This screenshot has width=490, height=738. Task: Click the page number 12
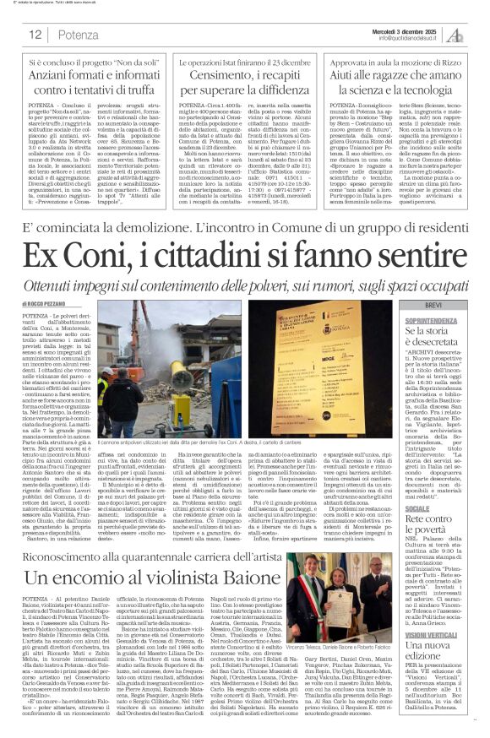point(35,35)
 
